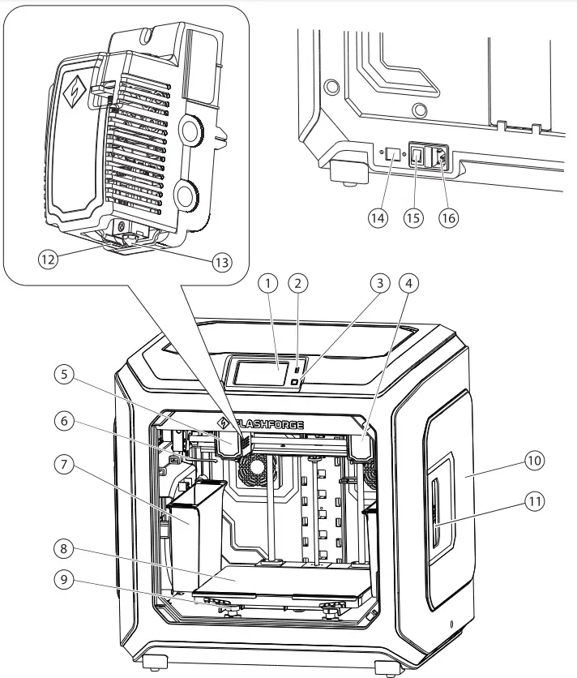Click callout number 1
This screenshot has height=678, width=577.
pos(270,283)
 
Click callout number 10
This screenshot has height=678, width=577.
pos(533,460)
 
